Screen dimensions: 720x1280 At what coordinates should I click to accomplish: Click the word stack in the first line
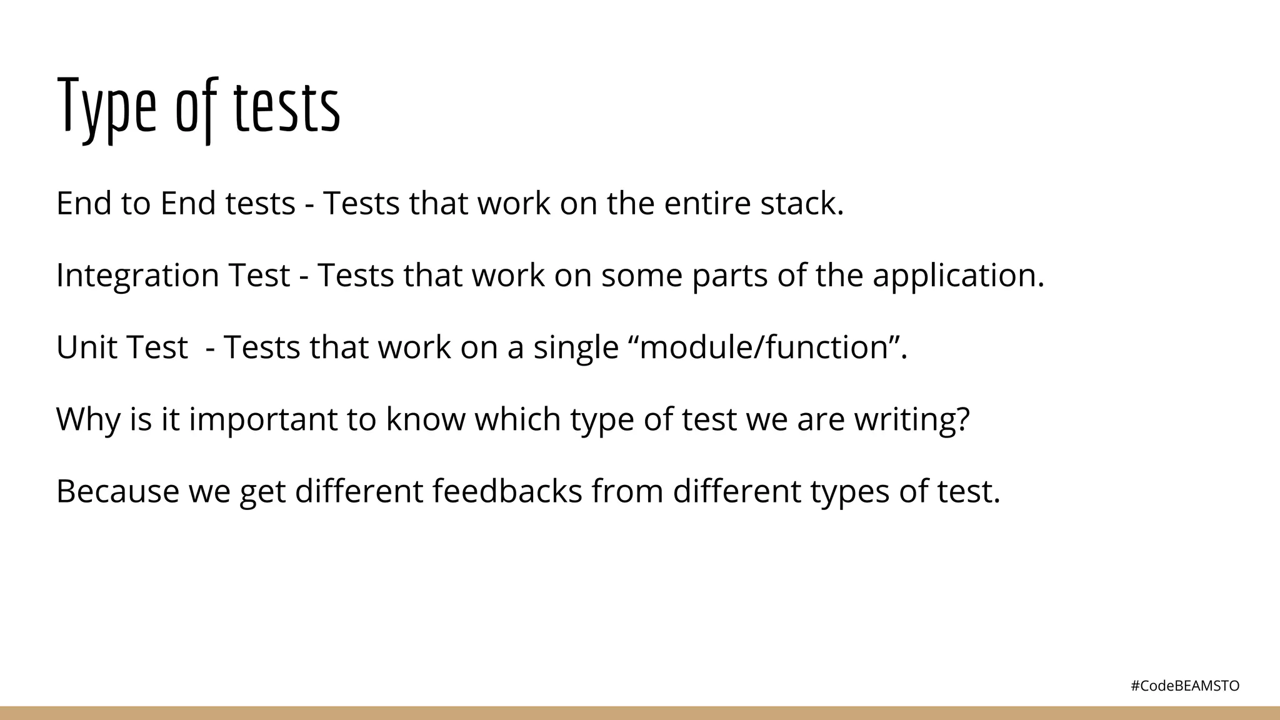tap(801, 204)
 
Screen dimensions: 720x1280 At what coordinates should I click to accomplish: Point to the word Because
tap(117, 491)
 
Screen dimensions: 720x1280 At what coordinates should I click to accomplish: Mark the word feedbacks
tap(507, 491)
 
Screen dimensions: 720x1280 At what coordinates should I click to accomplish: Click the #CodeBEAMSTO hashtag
tap(1185, 686)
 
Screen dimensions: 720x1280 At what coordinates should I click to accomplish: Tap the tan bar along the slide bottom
tap(640, 713)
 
